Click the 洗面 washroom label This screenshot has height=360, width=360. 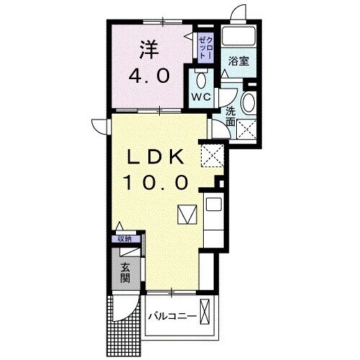[x=230, y=117]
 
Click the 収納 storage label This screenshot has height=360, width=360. [x=125, y=238]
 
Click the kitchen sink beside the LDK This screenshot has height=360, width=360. [x=214, y=205]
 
